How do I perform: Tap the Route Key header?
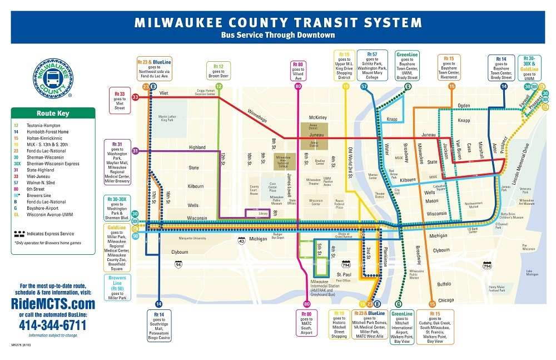click(53, 113)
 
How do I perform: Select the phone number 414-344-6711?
click(53, 325)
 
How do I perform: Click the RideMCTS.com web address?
click(53, 304)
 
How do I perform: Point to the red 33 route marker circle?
click(135, 97)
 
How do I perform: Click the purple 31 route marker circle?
click(135, 151)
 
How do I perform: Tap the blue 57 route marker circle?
click(364, 87)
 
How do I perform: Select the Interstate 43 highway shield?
click(241, 241)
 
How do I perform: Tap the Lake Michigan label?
click(533, 273)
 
